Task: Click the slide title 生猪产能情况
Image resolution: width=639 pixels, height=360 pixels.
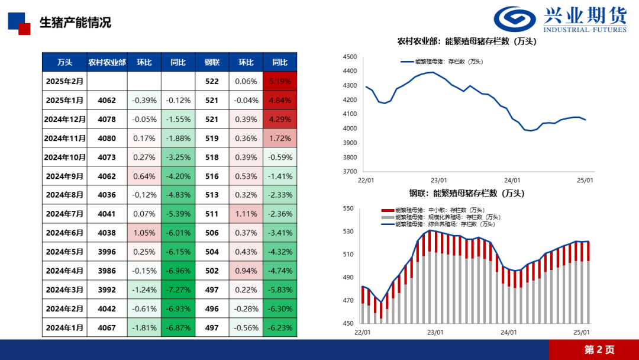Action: [x=75, y=23]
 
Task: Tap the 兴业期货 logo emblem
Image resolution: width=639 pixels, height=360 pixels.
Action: [x=516, y=18]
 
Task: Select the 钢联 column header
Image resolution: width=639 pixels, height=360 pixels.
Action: [x=212, y=62]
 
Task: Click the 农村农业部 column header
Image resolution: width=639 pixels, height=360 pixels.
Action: [x=107, y=62]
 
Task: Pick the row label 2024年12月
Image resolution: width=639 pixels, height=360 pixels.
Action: [x=65, y=119]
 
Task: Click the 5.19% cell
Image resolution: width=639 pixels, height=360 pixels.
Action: [x=280, y=81]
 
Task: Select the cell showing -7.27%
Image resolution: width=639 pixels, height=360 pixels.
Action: [x=178, y=290]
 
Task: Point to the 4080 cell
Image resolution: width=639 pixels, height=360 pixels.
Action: [x=107, y=138]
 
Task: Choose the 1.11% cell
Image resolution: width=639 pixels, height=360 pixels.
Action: [x=246, y=214]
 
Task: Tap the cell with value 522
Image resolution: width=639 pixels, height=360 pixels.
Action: [x=212, y=81]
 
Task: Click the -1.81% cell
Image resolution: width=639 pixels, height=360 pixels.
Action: [x=144, y=327]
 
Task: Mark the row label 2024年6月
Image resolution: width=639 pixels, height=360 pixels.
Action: [x=65, y=233]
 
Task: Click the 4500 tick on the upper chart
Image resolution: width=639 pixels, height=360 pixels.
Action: [x=350, y=57]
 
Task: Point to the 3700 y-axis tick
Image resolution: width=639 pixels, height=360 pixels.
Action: [x=350, y=172]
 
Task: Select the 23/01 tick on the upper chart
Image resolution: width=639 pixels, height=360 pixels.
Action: [x=438, y=180]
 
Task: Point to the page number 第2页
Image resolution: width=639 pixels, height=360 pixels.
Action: [x=599, y=349]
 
